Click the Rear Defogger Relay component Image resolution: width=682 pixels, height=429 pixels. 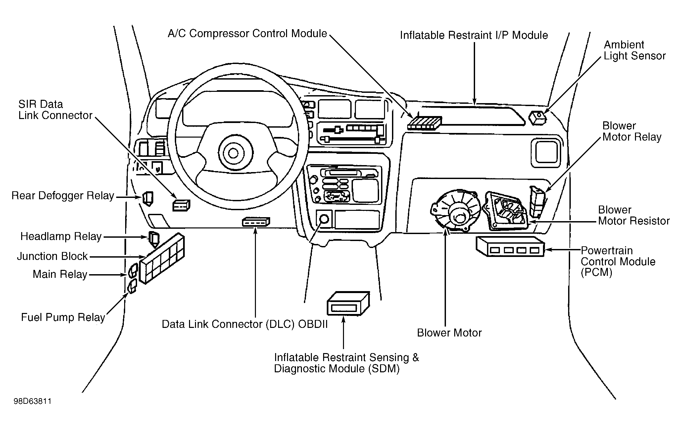(x=148, y=199)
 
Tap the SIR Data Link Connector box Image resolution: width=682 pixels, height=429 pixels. (x=181, y=205)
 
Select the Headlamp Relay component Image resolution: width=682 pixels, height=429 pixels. (x=154, y=239)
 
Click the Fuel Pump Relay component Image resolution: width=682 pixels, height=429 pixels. (x=133, y=286)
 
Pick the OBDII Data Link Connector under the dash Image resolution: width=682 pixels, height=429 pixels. (x=256, y=222)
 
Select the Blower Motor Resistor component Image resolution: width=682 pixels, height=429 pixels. (x=505, y=211)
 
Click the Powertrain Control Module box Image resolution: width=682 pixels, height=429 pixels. (x=510, y=246)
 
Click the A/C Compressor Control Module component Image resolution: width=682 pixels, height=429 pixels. (x=425, y=123)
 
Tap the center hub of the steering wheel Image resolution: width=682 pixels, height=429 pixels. (x=233, y=153)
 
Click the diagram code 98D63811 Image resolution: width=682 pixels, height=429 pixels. (x=32, y=401)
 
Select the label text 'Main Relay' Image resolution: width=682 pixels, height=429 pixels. (x=60, y=275)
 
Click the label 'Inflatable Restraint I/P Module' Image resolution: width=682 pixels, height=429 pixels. (x=474, y=35)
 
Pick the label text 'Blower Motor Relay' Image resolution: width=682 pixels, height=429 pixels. (x=632, y=131)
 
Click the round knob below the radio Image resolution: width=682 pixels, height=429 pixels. (x=324, y=219)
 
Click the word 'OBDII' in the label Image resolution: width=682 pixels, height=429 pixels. (x=313, y=324)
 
